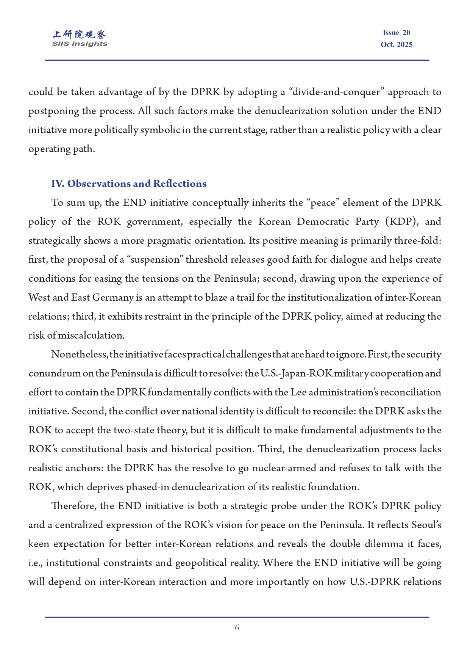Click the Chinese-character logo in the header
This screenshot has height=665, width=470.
coord(80,35)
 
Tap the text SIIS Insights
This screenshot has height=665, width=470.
coord(80,44)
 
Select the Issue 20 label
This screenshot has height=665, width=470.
coord(396,33)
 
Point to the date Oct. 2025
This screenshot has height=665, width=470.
coord(396,45)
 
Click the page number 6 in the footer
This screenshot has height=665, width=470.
coord(237,627)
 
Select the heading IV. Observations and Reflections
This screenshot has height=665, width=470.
coord(129,184)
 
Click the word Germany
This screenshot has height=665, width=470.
coord(113,298)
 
